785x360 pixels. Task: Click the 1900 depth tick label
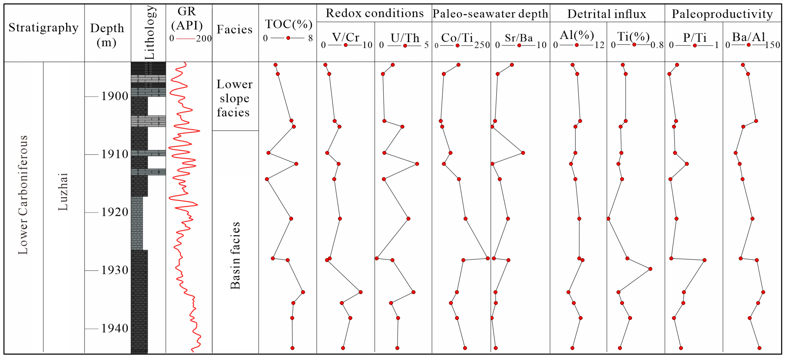point(115,96)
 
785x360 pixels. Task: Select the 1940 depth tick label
point(115,328)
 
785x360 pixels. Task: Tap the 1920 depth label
point(115,212)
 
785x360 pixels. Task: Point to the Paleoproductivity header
point(722,14)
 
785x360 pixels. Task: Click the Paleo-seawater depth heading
point(490,14)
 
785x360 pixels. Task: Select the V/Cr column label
point(346,37)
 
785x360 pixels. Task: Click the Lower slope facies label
point(234,98)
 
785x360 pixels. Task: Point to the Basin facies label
point(235,255)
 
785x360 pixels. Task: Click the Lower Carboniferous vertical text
point(23,195)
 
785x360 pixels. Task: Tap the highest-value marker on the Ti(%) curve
point(650,269)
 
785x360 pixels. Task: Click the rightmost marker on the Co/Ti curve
point(488,258)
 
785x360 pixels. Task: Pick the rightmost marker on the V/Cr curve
point(361,292)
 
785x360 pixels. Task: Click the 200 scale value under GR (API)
point(204,39)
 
